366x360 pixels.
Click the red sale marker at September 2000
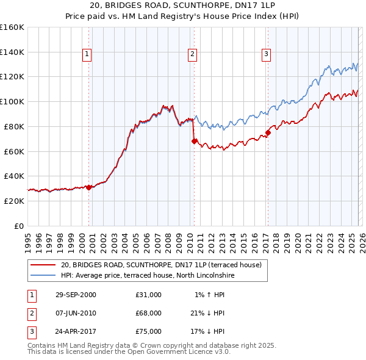click(x=89, y=187)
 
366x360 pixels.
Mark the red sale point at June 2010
click(x=194, y=141)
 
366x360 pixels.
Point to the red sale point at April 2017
click(x=268, y=132)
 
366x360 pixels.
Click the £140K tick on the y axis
click(x=12, y=52)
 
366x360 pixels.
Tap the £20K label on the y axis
click(x=14, y=201)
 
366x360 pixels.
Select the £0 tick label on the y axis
click(x=18, y=226)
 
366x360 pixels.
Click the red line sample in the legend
click(x=43, y=265)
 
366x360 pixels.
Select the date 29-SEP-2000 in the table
click(x=76, y=295)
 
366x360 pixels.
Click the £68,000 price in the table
click(x=149, y=313)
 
